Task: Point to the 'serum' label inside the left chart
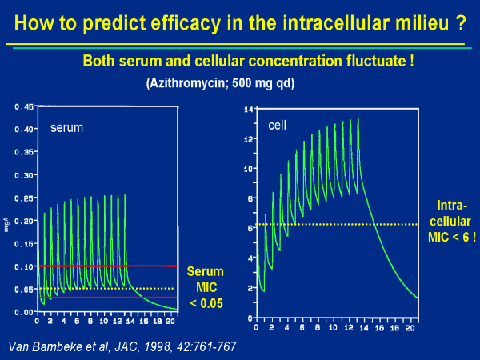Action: tap(66, 126)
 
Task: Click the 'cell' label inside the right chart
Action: tap(278, 126)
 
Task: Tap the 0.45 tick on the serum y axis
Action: tap(24, 106)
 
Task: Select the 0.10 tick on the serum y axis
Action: tap(24, 266)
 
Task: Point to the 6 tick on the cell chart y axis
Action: tap(250, 228)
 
